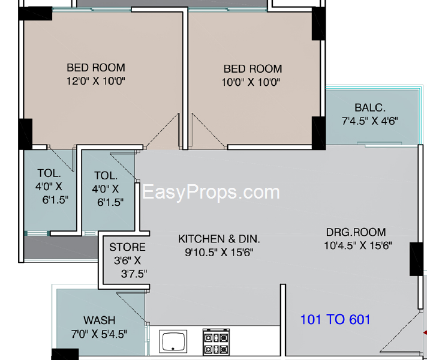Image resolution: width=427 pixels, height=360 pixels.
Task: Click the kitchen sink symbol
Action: pos(173,342)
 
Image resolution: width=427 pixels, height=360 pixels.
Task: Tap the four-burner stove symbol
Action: pos(216,343)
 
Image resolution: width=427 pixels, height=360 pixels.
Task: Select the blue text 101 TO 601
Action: pos(335,319)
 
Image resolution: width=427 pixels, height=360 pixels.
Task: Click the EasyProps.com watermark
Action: pos(211,192)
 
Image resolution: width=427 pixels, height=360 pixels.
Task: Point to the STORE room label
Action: pos(127,247)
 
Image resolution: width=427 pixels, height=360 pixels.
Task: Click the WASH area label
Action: pos(100,320)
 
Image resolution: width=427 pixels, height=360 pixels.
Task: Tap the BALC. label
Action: pos(370,108)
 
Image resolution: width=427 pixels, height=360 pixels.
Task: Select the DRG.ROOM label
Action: pos(356,232)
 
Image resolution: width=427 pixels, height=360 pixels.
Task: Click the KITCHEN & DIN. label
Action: pos(219,239)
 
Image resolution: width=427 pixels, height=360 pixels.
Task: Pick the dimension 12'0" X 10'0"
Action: pos(96,81)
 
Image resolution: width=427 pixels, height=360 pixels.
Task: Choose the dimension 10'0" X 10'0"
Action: pos(252,82)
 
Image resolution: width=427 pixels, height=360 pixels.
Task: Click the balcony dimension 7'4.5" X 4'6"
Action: pos(370,121)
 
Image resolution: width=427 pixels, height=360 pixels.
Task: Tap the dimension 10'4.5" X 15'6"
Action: pos(357,245)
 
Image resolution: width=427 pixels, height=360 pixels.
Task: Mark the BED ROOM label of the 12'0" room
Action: pos(96,68)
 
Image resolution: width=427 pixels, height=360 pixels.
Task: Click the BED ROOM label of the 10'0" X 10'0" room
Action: pos(252,69)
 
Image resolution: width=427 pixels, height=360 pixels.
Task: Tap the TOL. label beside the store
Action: pos(106,176)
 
